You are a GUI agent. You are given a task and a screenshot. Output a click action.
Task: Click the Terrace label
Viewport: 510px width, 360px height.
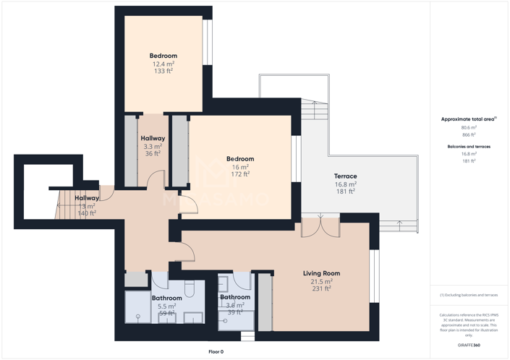point(345,176)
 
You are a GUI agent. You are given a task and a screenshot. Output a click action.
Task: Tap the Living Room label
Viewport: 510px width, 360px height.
point(321,273)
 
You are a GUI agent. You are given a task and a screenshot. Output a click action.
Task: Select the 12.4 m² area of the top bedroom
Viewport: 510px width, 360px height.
point(163,64)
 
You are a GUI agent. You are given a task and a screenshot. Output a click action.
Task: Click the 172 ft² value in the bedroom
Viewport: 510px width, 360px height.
point(239,174)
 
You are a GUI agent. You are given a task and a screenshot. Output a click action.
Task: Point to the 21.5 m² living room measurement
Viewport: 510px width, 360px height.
point(321,281)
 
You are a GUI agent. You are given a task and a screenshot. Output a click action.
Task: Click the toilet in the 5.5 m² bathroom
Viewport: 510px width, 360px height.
point(190,289)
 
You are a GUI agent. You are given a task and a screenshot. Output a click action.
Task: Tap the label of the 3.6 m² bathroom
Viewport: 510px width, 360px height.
point(235,297)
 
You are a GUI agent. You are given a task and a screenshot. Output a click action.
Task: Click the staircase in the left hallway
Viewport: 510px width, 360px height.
point(67,206)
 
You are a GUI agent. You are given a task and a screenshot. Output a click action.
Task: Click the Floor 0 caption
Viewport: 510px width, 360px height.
point(216,352)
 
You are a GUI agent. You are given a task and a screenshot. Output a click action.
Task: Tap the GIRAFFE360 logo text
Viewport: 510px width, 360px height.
point(469,346)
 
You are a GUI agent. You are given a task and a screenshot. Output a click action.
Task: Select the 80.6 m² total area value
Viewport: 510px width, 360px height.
point(469,127)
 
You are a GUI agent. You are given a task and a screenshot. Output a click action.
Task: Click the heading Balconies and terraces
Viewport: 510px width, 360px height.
point(469,147)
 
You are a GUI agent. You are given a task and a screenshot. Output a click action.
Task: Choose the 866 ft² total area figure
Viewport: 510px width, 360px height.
point(469,134)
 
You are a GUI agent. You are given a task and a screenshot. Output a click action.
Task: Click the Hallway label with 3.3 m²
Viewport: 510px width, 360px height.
point(153,138)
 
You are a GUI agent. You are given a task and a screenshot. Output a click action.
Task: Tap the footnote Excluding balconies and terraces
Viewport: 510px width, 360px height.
point(469,295)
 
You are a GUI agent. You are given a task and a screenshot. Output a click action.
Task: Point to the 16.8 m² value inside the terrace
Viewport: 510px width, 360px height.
point(345,184)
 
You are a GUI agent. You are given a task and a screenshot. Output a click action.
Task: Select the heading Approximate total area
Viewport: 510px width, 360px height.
point(468,119)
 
